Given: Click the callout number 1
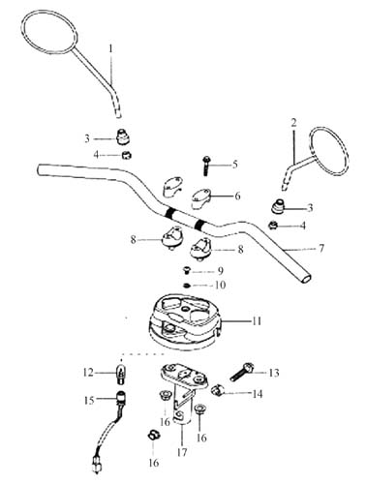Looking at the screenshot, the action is tap(110, 49).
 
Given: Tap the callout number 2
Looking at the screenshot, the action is tap(293, 123).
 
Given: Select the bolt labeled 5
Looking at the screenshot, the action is tap(206, 166).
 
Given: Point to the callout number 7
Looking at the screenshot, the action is tap(320, 249).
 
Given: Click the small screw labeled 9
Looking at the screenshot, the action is tap(187, 270).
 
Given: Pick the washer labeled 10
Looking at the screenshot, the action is tap(187, 286).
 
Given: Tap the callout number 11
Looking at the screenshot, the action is tap(257, 321).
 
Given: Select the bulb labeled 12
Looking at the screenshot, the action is tap(122, 374).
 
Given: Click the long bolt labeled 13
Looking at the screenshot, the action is tap(242, 373).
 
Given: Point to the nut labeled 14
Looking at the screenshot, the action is tap(217, 391).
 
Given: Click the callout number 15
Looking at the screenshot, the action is tap(89, 401).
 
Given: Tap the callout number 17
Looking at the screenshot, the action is tap(182, 452).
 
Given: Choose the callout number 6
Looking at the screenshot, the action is tap(237, 196).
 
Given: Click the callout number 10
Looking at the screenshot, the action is tap(221, 286).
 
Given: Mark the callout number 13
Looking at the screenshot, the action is tap(274, 373).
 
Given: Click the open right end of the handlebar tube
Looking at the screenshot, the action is tap(305, 279).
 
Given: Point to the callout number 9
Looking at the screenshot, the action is tap(221, 271).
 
